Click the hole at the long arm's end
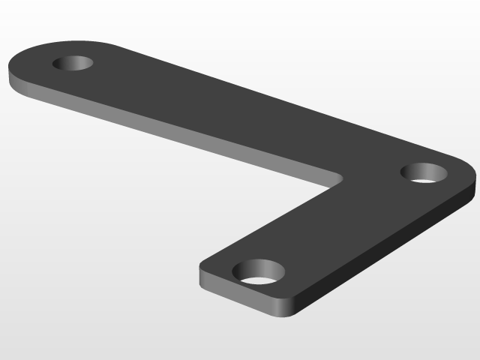pos(73,63)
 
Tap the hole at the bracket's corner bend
pos(424,172)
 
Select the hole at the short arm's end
pos(259,271)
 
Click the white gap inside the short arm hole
pos(259,280)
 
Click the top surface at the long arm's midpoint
pos(225,105)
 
